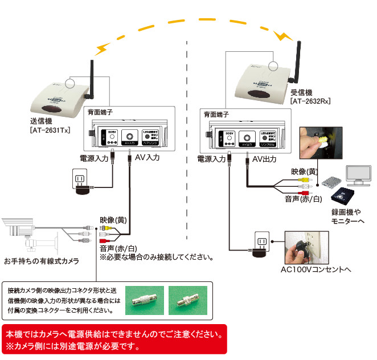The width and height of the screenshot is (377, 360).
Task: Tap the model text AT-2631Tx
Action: click(50, 130)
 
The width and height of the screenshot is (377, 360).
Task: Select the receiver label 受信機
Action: click(301, 92)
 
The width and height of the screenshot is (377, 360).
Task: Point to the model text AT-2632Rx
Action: click(310, 101)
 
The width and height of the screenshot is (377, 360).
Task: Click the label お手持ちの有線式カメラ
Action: click(41, 261)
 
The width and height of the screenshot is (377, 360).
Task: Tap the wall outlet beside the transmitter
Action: click(80, 179)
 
